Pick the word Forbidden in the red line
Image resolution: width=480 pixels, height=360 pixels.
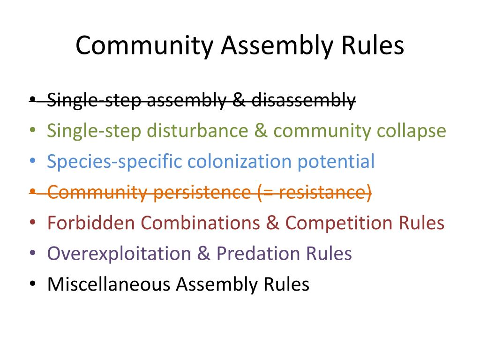pyautogui.click(x=91, y=223)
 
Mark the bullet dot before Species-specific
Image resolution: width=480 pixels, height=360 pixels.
pyautogui.click(x=32, y=162)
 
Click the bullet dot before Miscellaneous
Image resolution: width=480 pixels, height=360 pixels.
pyautogui.click(x=32, y=285)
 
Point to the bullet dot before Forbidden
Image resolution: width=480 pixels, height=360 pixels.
pyautogui.click(x=32, y=223)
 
